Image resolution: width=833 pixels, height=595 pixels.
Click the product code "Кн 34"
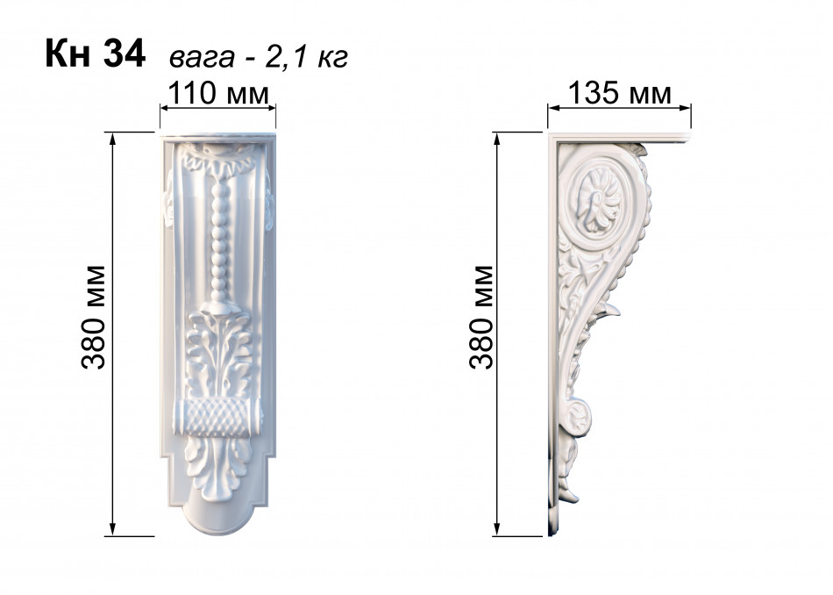click(95, 54)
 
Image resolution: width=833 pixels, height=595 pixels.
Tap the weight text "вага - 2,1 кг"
click(258, 56)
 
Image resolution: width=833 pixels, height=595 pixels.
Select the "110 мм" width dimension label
click(218, 93)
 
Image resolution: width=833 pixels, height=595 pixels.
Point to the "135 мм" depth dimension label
click(619, 93)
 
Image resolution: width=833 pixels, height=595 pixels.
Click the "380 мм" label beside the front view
click(94, 317)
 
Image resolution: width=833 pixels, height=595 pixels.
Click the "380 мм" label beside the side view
click(482, 317)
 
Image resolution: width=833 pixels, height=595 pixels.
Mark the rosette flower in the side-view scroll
click(599, 200)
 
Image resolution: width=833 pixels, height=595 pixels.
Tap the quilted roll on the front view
click(217, 418)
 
